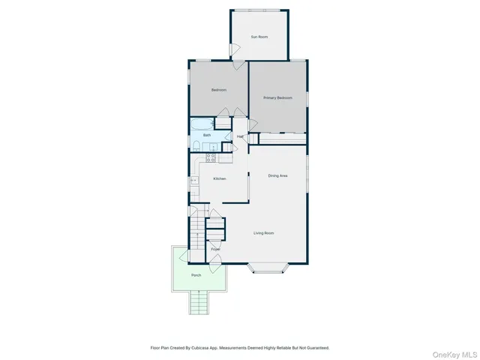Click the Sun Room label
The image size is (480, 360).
259,37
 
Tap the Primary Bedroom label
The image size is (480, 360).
277,98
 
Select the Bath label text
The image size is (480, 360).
206,135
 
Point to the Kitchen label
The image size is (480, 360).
219,178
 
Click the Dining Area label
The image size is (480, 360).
277,175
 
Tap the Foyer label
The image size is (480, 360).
215,248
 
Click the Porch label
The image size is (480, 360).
196,275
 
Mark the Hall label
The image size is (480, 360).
240,136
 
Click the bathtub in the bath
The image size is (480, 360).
202,124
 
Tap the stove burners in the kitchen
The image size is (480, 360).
211,157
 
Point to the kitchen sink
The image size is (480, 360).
194,180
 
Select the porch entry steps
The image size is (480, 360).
199,303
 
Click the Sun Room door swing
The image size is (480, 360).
235,51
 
